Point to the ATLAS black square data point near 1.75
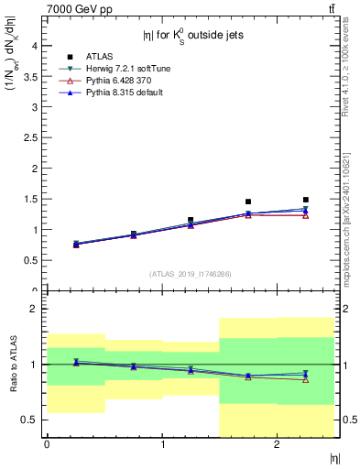click(248, 202)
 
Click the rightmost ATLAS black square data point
click(306, 200)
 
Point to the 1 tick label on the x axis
click(162, 444)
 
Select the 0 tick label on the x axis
click(47, 444)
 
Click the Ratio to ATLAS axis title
click(12, 365)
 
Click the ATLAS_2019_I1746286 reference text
click(191, 274)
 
